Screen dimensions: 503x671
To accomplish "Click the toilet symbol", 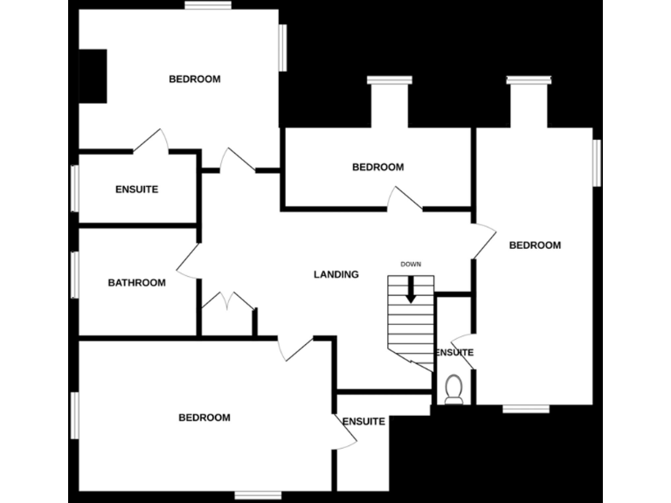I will pos(453,389).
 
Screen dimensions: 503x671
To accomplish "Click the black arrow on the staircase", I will pos(411,293).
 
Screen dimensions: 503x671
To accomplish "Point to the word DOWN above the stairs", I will pos(411,264).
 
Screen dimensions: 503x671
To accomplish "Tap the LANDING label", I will pos(336,274).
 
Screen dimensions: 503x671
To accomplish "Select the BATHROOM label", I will pos(136,282).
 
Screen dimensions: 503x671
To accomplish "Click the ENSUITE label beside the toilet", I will pos(454,353).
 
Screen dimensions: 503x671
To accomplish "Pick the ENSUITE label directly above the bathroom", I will pos(136,189).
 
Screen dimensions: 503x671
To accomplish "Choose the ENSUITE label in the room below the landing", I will pos(363,422).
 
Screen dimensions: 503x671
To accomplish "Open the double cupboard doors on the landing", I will pos(227,301).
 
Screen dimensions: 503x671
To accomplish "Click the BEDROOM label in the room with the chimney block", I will pos(194,79).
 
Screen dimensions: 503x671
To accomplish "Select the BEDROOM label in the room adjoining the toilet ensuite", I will pos(535,245).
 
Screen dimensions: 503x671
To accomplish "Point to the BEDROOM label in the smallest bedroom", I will pos(377,167).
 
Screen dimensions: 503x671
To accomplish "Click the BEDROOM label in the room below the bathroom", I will pos(204,417).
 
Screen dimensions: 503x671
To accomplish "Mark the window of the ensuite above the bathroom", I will pos(75,189).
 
